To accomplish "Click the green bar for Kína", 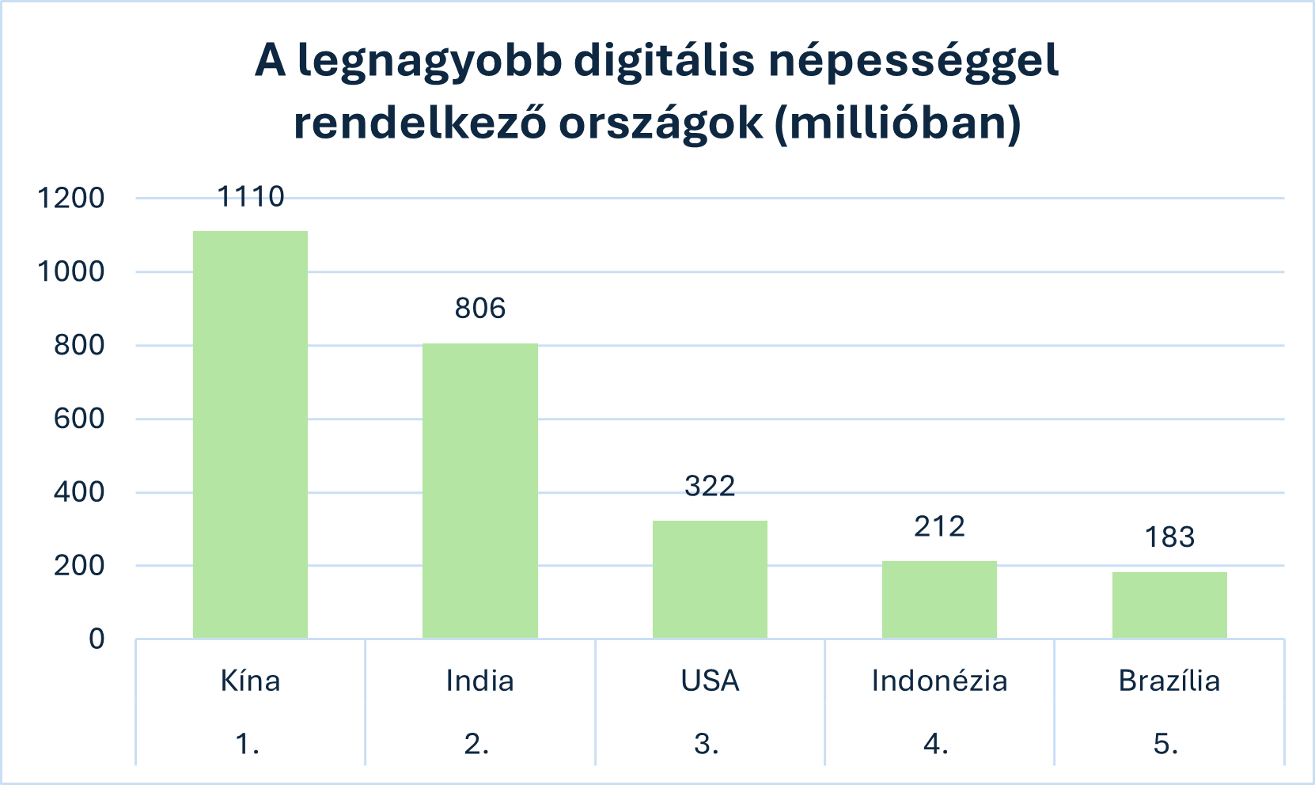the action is pyautogui.click(x=250, y=435).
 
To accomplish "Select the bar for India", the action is pyautogui.click(x=479, y=491).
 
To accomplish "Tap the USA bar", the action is pyautogui.click(x=710, y=579).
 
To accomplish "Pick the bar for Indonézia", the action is pyautogui.click(x=939, y=599).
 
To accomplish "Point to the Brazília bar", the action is pyautogui.click(x=1169, y=605).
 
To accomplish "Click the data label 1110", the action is pyautogui.click(x=250, y=196).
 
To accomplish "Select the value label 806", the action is pyautogui.click(x=479, y=308).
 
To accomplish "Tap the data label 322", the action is pyautogui.click(x=710, y=486).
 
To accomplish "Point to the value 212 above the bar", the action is pyautogui.click(x=939, y=526).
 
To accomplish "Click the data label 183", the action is pyautogui.click(x=1169, y=537).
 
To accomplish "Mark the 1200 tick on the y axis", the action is pyautogui.click(x=71, y=198).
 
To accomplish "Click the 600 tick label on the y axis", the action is pyautogui.click(x=79, y=419).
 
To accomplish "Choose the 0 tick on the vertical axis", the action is pyautogui.click(x=97, y=639).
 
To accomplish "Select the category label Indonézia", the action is pyautogui.click(x=939, y=681).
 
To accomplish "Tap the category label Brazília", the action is pyautogui.click(x=1169, y=681).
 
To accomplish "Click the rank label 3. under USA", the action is pyautogui.click(x=707, y=744).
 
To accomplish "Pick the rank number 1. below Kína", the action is pyautogui.click(x=248, y=744).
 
